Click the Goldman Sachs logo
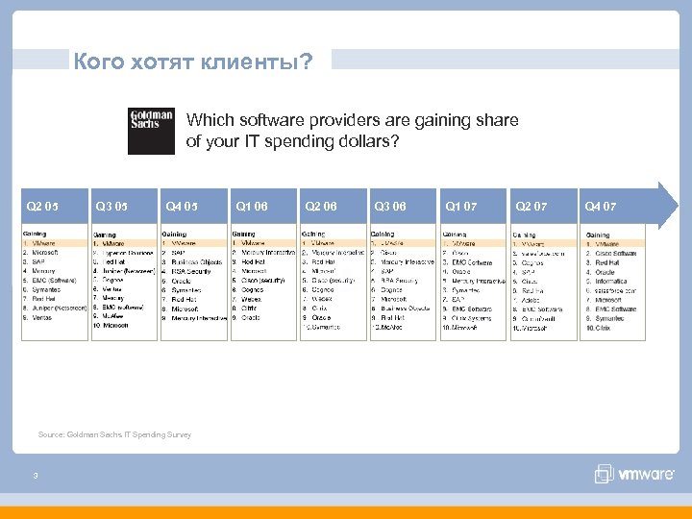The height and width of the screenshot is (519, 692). coord(151,131)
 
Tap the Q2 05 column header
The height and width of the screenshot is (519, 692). coord(42,206)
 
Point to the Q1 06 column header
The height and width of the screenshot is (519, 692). coord(251,206)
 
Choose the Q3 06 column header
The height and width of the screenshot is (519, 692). coord(389,206)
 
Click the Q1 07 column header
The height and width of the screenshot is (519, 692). coord(460,206)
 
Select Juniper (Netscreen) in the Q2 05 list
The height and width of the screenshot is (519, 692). coord(59,309)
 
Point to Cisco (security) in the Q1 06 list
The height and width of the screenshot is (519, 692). coord(264,281)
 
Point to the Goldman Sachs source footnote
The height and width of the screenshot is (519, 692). coord(114,434)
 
